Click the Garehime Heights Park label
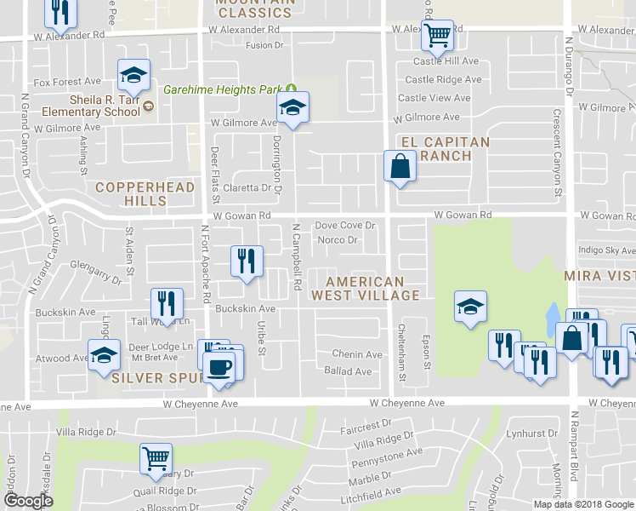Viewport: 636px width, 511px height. pyautogui.click(x=223, y=89)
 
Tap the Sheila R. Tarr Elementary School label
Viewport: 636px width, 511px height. pyautogui.click(x=94, y=105)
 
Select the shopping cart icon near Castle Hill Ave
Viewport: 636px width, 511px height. pyautogui.click(x=437, y=36)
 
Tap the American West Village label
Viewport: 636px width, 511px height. pyautogui.click(x=365, y=288)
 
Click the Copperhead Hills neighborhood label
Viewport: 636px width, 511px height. pyautogui.click(x=131, y=193)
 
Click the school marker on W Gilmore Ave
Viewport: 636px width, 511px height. pyautogui.click(x=292, y=107)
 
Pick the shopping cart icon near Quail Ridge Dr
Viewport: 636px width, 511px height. pyautogui.click(x=156, y=458)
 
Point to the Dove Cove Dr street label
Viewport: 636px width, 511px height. pyautogui.click(x=345, y=226)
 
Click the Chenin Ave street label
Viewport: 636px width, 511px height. pyautogui.click(x=357, y=354)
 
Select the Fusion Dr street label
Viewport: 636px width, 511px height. pyautogui.click(x=264, y=45)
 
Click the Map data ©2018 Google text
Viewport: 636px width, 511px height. pyautogui.click(x=583, y=504)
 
